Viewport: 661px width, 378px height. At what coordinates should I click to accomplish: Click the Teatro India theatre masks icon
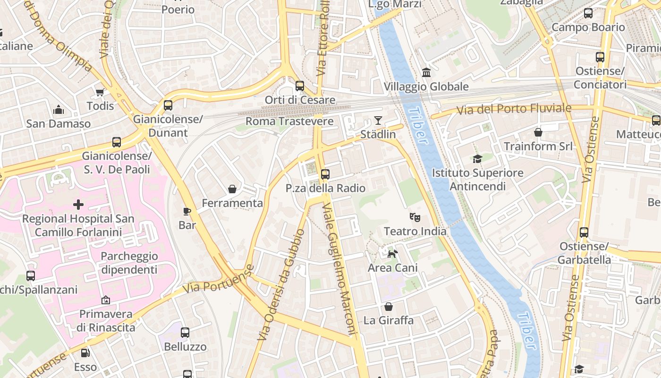coord(415,217)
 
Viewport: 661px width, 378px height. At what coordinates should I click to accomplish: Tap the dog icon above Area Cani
coord(392,254)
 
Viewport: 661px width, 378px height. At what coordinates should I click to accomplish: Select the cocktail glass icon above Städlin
coord(378,120)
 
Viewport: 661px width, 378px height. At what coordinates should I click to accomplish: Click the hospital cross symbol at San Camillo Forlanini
coord(78,205)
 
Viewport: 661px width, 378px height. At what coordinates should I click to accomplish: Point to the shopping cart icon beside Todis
coord(100,92)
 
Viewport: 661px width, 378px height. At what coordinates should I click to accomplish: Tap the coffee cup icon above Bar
coord(187,211)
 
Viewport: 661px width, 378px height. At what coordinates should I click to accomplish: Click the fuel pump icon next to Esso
coord(85,353)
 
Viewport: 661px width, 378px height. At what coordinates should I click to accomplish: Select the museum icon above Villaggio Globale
coord(426,73)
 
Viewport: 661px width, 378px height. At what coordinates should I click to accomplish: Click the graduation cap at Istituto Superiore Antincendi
coord(477,159)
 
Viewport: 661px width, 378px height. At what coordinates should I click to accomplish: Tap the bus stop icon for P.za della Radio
coord(325,174)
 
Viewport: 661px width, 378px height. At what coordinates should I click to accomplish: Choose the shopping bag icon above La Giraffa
coord(388,307)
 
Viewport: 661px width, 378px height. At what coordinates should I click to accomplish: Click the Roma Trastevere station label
coord(289,121)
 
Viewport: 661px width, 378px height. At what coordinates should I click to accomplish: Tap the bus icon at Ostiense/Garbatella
coord(584,232)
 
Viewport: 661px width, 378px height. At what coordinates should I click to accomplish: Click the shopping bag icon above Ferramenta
coord(232,189)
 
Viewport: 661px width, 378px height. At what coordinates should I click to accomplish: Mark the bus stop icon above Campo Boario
coord(588,13)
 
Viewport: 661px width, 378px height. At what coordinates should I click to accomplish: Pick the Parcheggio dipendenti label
coord(129,263)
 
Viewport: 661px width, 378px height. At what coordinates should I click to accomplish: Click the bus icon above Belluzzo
coord(185,333)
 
